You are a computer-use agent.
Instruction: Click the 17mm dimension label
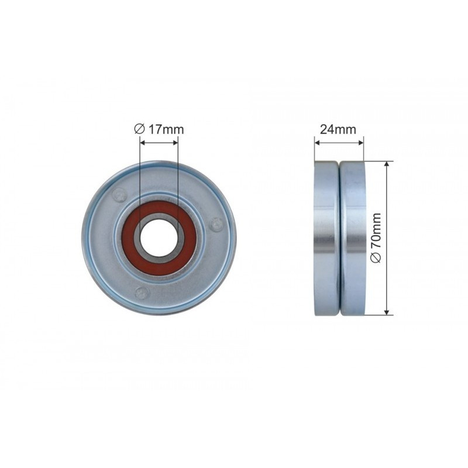166,129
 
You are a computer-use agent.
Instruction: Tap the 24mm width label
338,129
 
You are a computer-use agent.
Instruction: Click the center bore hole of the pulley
159,238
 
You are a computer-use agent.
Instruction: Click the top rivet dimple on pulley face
119,195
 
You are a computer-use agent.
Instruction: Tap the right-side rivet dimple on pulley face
216,225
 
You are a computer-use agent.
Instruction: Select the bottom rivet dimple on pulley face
142,292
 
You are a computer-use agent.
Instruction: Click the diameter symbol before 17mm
139,129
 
